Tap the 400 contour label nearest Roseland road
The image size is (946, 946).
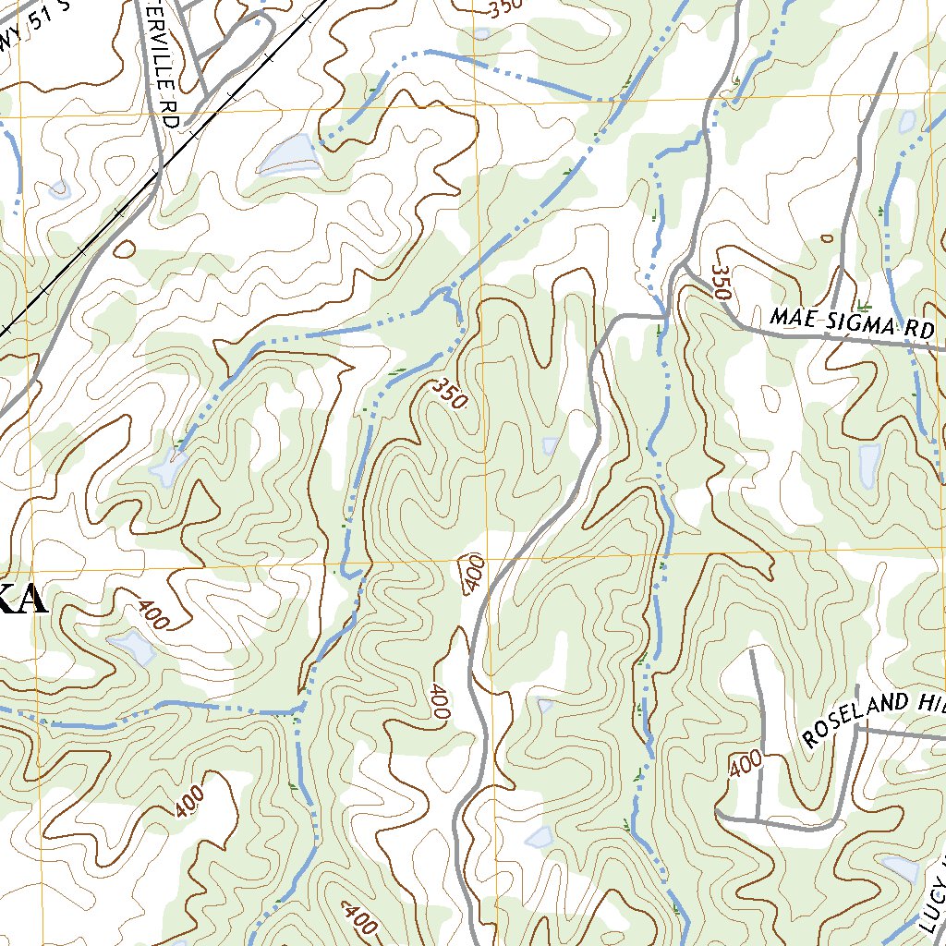[x=745, y=764]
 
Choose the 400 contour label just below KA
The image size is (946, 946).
[x=152, y=614]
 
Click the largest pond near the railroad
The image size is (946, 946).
[x=288, y=154]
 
